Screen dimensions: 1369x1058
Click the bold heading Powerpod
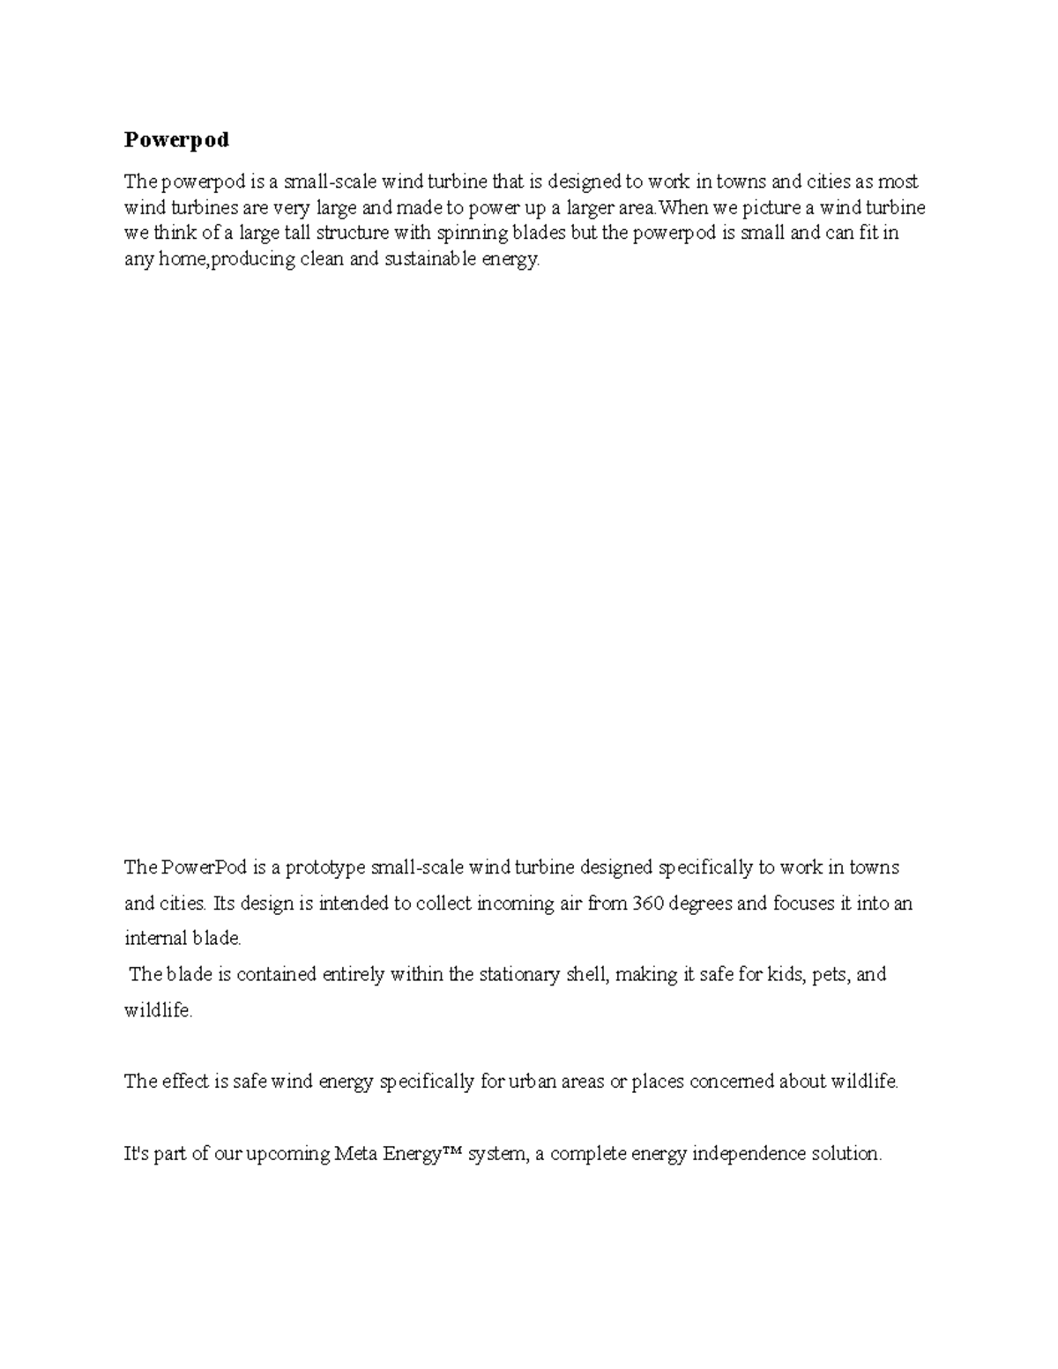tap(176, 140)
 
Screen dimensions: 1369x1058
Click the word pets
tap(831, 975)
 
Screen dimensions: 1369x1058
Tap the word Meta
tap(358, 1154)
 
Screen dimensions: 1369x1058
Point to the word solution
tap(846, 1154)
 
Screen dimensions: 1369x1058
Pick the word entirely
tap(353, 975)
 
